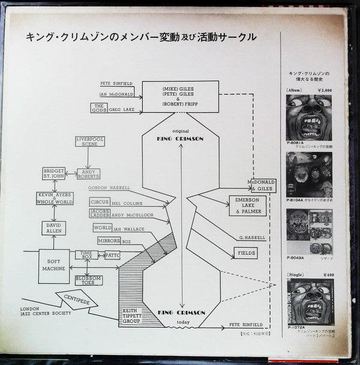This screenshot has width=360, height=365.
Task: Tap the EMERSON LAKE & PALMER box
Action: point(246,206)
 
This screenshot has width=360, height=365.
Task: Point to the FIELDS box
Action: point(245,253)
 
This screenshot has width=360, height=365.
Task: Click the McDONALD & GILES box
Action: point(260,185)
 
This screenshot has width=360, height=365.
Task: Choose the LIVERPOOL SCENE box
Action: point(90,143)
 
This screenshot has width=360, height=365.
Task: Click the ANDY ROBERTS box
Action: point(88,174)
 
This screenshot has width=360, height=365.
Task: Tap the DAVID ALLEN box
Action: point(53,228)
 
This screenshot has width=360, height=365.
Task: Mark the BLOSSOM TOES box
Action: point(89,280)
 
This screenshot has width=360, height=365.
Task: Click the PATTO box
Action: point(113,255)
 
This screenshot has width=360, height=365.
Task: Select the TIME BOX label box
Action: point(86,255)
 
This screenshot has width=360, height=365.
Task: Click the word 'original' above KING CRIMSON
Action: point(180,130)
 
